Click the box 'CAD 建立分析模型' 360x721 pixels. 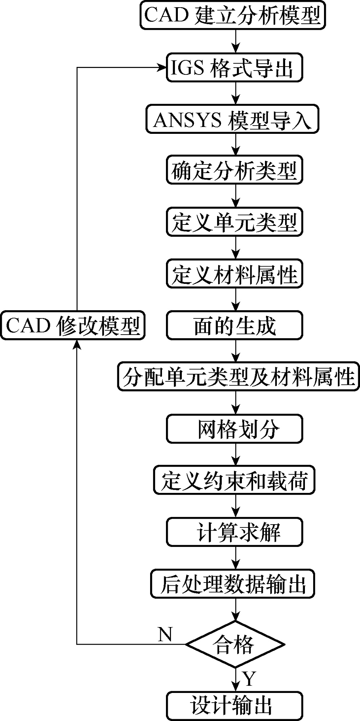tap(233, 16)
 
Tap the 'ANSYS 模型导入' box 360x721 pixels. tap(233, 119)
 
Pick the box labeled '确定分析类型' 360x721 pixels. tap(234, 171)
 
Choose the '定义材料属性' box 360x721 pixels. tap(234, 275)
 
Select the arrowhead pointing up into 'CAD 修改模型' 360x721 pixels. tap(77, 344)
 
